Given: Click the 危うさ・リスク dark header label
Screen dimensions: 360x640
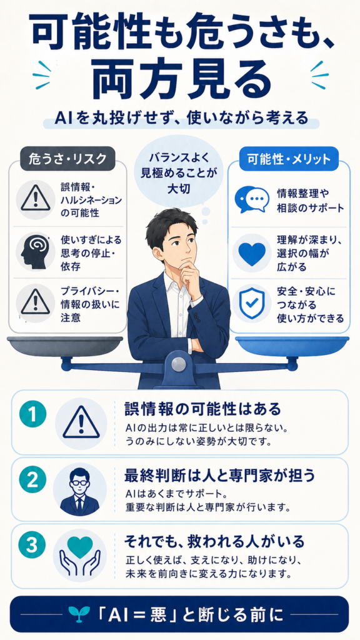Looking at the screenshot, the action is coord(67,159).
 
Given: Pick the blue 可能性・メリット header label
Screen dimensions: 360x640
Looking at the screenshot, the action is coord(289,159).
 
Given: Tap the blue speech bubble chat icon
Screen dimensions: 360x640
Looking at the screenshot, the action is coord(251,199).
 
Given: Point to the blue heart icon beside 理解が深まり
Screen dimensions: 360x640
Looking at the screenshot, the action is coord(251,253).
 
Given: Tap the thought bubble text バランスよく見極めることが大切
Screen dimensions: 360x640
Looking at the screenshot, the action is coord(179,172).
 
